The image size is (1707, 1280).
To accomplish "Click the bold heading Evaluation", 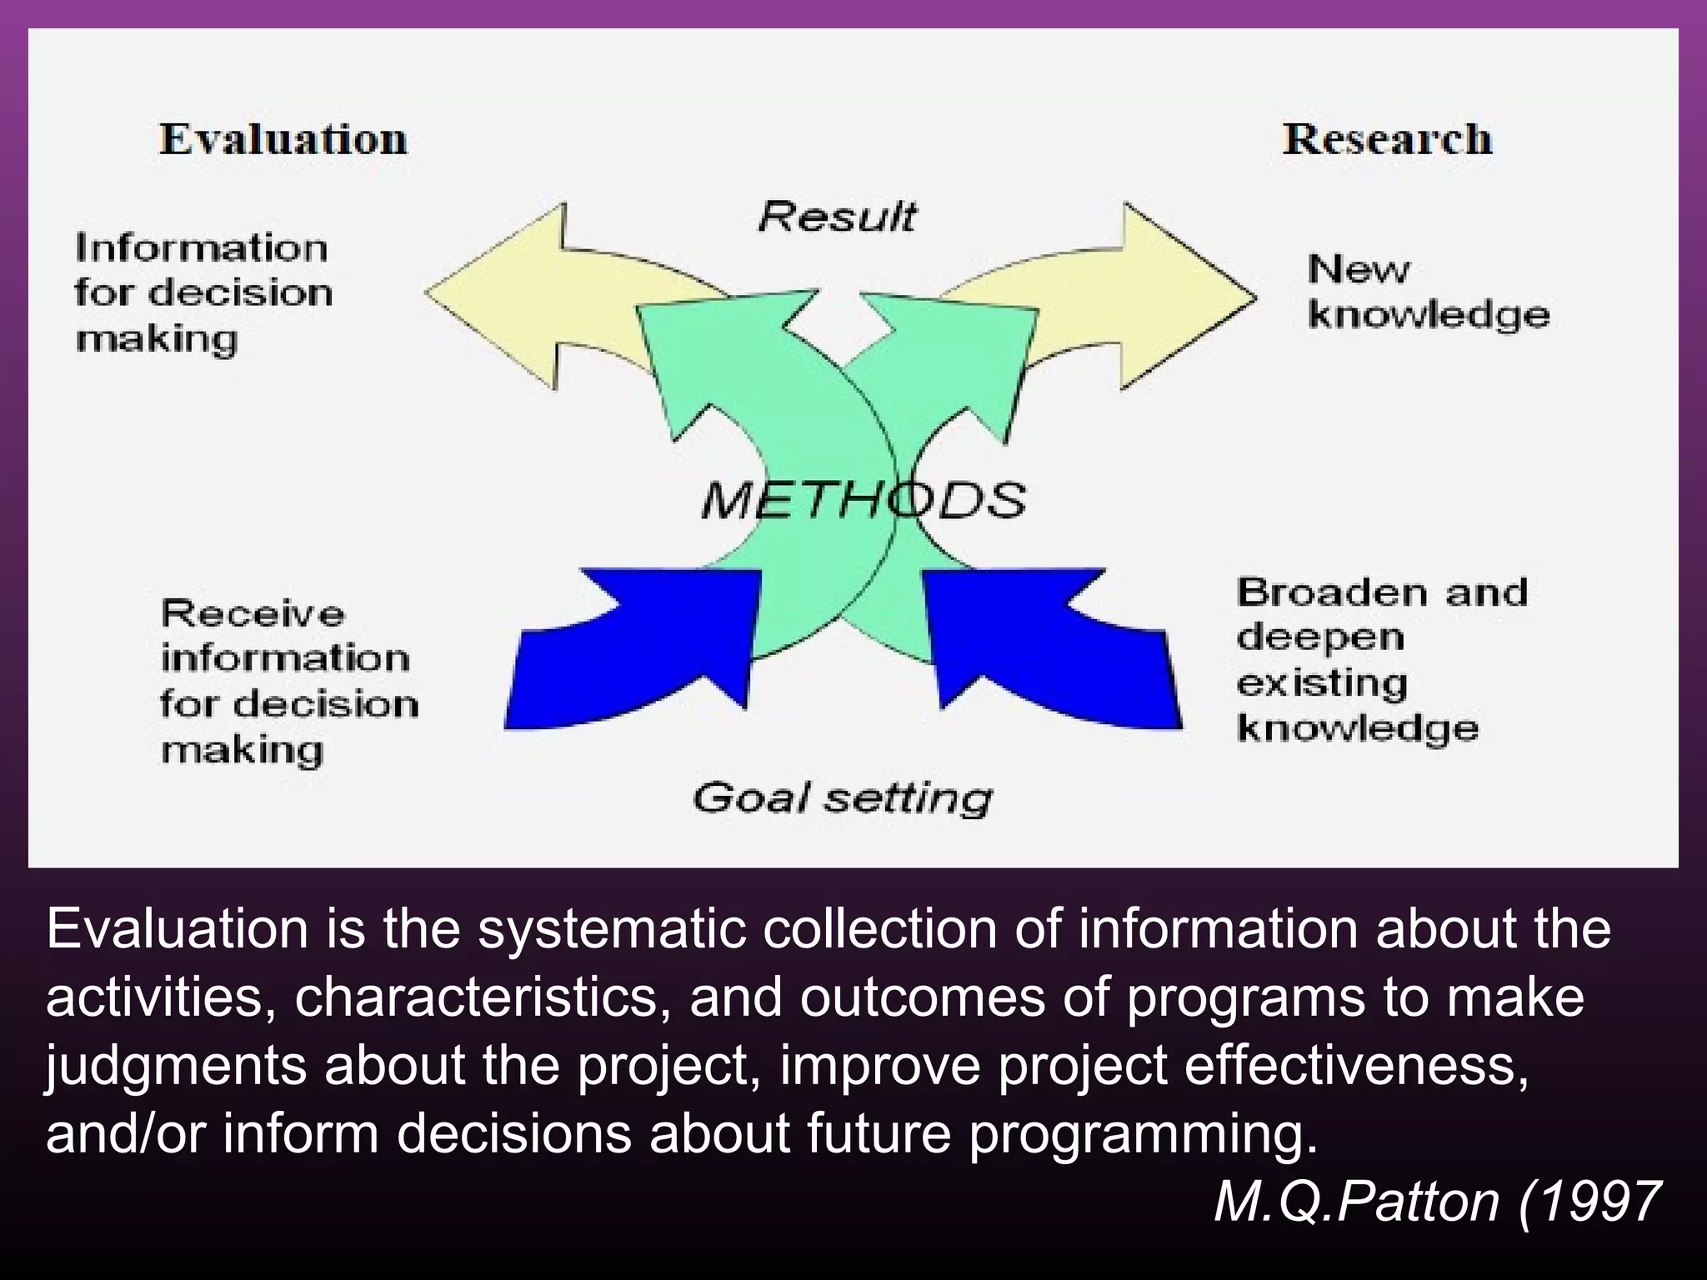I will point(283,138).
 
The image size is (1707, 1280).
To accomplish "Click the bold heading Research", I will point(1387,138).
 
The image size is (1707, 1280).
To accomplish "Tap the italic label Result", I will point(837,217).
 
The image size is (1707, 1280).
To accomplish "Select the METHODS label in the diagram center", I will point(864,500).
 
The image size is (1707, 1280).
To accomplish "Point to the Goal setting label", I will point(842,797).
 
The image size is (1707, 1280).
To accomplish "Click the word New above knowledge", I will point(1358,269).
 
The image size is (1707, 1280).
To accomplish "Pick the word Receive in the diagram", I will point(253,614).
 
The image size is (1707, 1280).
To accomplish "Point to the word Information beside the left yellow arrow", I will point(201,248).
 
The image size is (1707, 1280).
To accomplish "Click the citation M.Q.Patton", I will point(1357,1202).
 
